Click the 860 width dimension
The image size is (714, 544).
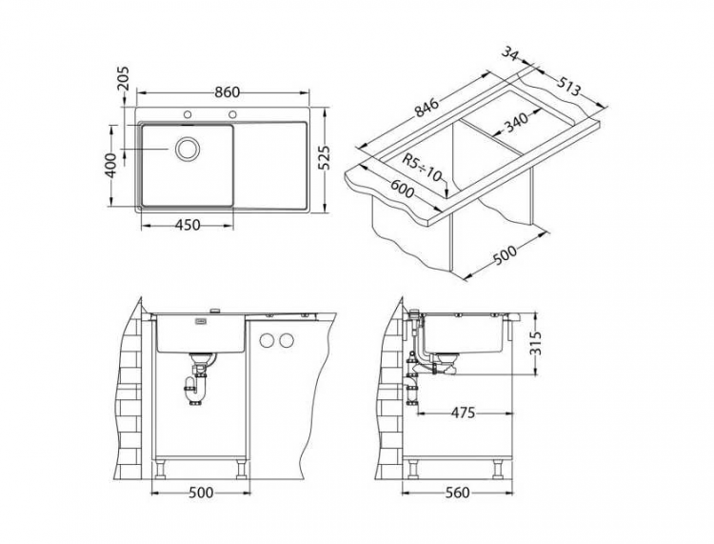226,92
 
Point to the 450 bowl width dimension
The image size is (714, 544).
188,226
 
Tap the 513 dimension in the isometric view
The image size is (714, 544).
567,88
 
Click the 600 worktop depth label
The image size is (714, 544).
402,190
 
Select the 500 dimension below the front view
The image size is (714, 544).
200,493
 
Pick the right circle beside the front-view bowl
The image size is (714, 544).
285,341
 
